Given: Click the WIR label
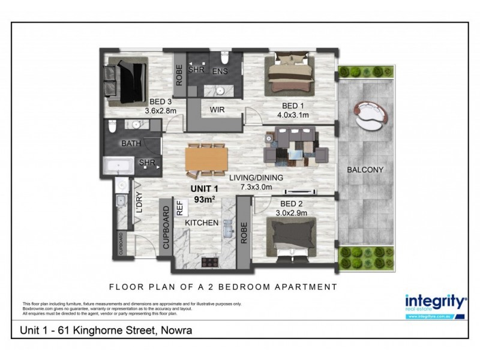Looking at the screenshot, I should point(217,110).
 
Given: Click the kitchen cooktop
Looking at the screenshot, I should point(211,262).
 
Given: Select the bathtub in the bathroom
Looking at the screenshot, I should point(122,166).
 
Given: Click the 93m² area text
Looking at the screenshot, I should point(205,199).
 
